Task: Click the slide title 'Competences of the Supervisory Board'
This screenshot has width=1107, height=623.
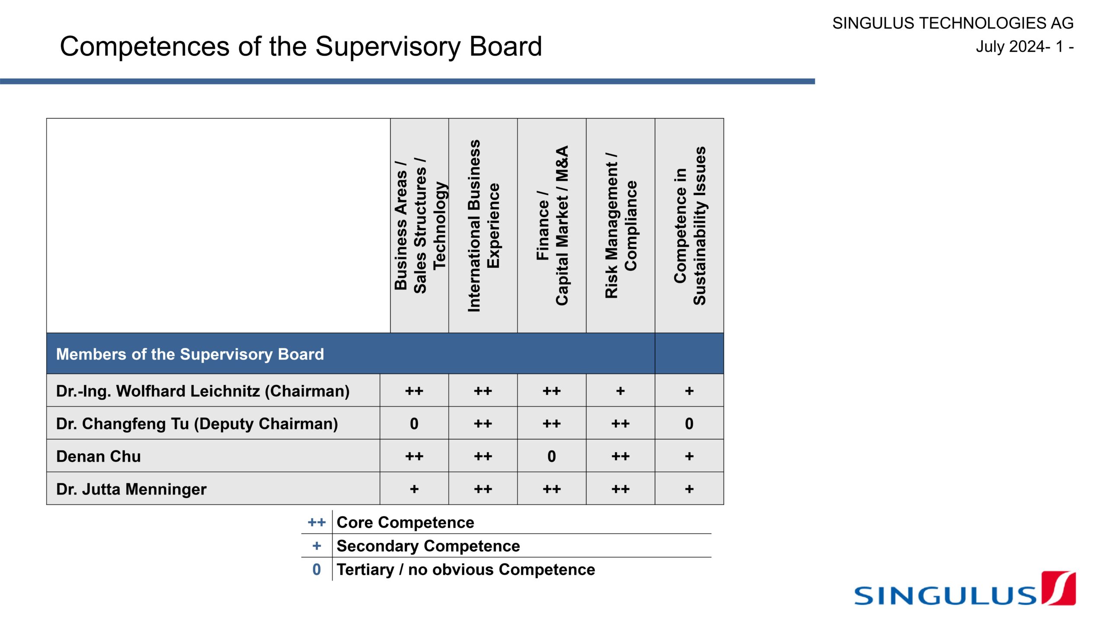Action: (x=301, y=46)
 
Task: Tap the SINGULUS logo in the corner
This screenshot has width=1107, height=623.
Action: (x=964, y=590)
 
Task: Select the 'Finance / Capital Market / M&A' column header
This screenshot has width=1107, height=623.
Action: (x=552, y=225)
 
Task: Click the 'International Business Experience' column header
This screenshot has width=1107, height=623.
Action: (x=483, y=225)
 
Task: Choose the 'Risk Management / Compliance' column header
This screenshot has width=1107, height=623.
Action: (x=621, y=225)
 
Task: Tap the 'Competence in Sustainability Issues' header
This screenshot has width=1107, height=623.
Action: (x=689, y=225)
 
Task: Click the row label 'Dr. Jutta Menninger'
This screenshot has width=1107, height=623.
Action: (x=131, y=489)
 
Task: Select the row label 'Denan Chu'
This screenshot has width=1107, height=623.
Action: (x=99, y=456)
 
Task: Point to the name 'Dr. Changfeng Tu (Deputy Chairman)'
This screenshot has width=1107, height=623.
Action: (x=197, y=424)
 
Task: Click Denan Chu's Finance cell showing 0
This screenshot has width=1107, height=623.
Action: (x=552, y=456)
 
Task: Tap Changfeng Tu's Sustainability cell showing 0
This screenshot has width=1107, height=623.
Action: (x=689, y=424)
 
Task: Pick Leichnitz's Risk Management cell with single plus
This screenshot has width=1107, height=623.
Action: (x=621, y=391)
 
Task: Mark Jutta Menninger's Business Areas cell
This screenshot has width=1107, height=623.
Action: (x=414, y=489)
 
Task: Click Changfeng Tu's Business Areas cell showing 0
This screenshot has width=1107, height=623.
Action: (x=414, y=424)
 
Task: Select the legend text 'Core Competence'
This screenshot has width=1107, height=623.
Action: (x=405, y=523)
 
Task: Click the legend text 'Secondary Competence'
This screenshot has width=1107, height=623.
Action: (x=428, y=546)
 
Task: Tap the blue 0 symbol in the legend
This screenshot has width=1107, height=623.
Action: (x=317, y=570)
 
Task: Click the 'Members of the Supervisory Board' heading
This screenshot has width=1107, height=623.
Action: (x=190, y=354)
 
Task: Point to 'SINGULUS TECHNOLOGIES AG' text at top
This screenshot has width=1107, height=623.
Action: (x=953, y=23)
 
